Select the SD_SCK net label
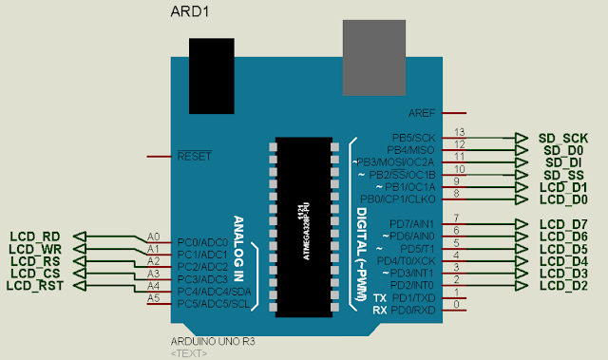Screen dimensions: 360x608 click(563, 138)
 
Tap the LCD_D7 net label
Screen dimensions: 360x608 click(563, 224)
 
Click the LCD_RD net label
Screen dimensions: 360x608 click(35, 237)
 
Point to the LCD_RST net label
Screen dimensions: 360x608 click(35, 286)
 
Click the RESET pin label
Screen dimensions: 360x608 click(194, 155)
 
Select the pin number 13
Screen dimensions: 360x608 click(461, 132)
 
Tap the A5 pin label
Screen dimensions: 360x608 click(153, 298)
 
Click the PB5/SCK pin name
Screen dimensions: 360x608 click(411, 138)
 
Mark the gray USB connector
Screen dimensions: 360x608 click(373, 48)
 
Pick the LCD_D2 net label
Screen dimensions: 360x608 click(563, 285)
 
